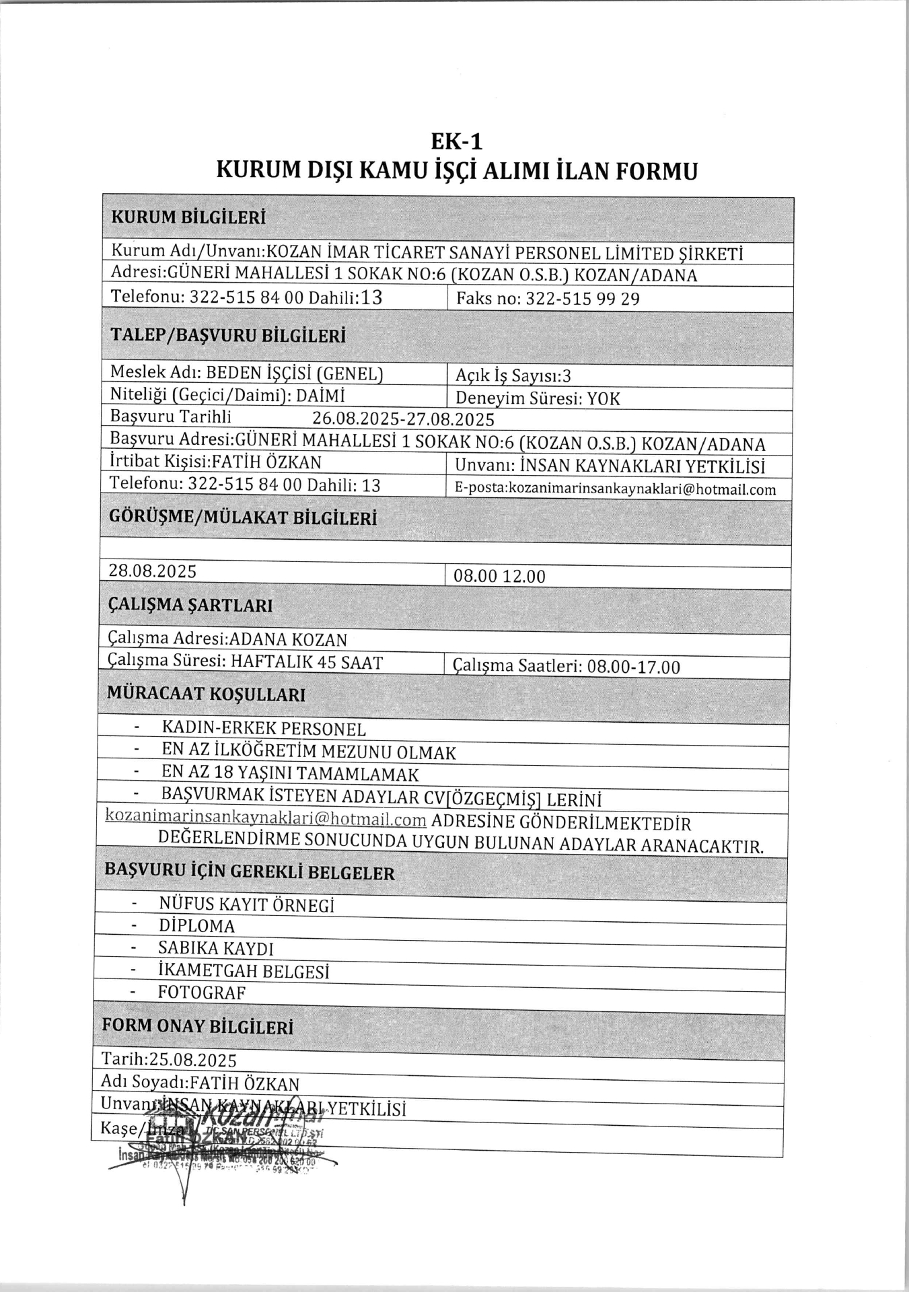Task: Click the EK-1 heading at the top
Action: (457, 142)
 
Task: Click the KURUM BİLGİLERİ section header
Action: (188, 218)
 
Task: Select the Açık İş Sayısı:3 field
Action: (513, 376)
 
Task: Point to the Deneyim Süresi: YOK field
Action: (538, 399)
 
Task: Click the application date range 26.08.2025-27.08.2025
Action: (403, 421)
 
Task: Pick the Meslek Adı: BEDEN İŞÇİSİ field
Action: (246, 373)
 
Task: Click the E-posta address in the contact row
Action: (615, 489)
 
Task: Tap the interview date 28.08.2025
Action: (153, 571)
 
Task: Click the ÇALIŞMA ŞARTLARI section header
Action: (190, 606)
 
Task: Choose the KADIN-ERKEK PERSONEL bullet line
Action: (264, 729)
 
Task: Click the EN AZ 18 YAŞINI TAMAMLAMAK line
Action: (290, 774)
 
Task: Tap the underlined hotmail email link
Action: (266, 820)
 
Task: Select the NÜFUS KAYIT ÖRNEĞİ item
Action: (246, 904)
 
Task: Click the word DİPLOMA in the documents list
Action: (196, 927)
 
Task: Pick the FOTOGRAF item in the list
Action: (202, 993)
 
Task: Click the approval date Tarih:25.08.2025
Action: (169, 1060)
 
